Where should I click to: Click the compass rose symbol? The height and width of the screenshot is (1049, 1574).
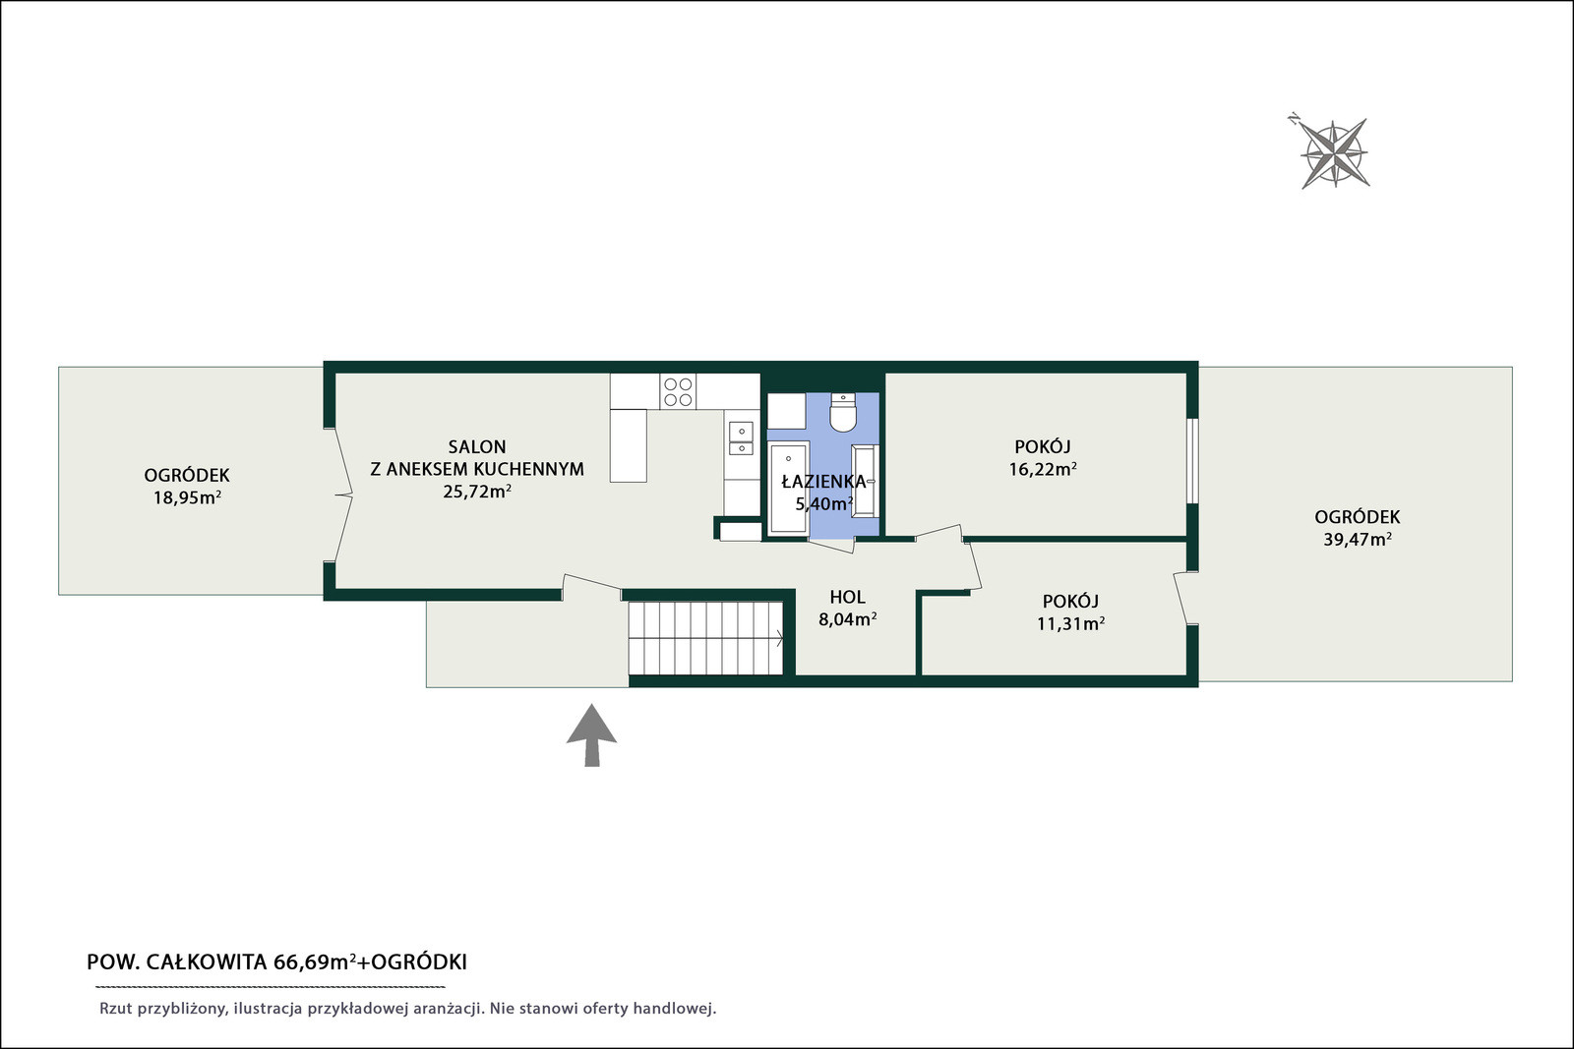point(1333,153)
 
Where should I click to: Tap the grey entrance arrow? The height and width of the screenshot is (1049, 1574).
point(591,735)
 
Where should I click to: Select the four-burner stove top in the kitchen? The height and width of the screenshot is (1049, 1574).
point(678,392)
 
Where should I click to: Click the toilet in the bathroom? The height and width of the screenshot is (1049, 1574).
point(842,412)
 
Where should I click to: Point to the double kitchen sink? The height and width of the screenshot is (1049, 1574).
point(741,438)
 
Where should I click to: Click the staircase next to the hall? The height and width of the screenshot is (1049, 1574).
point(705,637)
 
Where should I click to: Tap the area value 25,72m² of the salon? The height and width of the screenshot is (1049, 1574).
point(477,492)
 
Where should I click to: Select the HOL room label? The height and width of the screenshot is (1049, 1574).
point(847,597)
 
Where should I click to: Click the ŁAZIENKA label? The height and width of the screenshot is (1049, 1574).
point(823,482)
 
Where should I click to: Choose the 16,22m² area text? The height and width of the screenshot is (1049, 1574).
point(1043,469)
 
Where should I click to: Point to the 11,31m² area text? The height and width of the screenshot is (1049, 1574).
point(1070,623)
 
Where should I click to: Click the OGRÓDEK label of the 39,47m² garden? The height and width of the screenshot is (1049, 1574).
point(1357,517)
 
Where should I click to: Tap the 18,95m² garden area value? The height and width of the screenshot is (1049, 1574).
point(187,497)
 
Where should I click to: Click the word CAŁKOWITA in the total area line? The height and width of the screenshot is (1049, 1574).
point(207,962)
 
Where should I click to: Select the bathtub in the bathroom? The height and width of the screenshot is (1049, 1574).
point(788,487)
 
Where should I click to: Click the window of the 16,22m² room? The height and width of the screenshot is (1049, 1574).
point(1192,461)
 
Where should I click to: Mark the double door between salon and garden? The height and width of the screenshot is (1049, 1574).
point(341,495)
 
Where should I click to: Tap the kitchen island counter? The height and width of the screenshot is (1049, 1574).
point(629,445)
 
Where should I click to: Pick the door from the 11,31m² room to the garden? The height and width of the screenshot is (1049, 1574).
point(1184,598)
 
